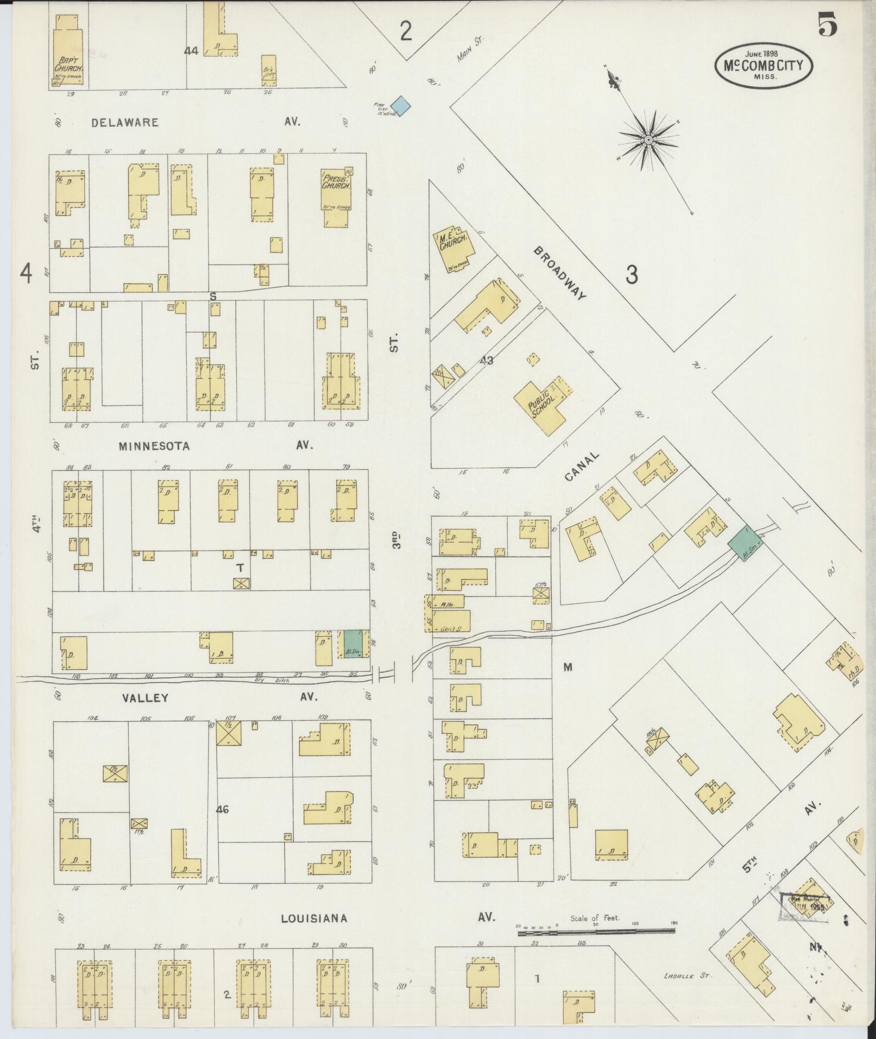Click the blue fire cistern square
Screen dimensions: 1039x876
401,104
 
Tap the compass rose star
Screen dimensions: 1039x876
648,140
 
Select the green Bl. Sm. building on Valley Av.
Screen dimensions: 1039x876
353,644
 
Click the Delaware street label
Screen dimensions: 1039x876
125,123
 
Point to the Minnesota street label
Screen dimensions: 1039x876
154,446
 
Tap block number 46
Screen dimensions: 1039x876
222,810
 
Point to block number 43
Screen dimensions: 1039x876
486,360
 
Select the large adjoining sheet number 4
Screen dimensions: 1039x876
26,273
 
